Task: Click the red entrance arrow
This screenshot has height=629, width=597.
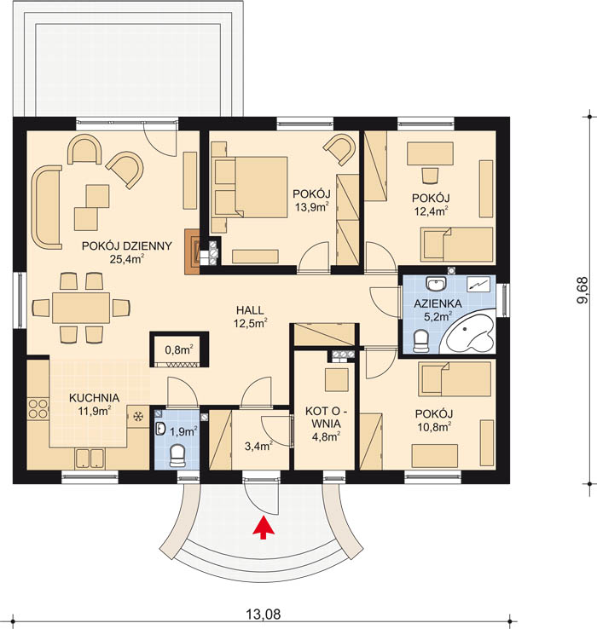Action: [x=264, y=528]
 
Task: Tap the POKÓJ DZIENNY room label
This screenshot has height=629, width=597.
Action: [x=127, y=246]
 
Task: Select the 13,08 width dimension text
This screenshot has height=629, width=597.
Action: [x=264, y=614]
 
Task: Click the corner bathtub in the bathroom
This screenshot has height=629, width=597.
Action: [x=469, y=334]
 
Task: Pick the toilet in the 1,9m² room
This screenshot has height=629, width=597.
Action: [x=177, y=456]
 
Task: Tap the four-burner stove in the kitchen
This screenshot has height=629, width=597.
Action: [x=38, y=408]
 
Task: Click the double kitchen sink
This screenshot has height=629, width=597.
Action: [x=90, y=458]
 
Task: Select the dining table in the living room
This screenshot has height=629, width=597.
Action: [x=81, y=308]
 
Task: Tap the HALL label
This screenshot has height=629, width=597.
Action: [x=250, y=310]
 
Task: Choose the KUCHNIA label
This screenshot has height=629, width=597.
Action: [x=95, y=398]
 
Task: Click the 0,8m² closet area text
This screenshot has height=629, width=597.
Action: [x=179, y=349]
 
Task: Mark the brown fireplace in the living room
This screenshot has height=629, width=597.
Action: [x=192, y=251]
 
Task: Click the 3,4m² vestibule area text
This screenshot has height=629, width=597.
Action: [x=259, y=446]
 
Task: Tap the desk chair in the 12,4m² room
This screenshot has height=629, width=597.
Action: [x=430, y=175]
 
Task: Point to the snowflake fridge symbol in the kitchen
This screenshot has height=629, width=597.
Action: [x=138, y=417]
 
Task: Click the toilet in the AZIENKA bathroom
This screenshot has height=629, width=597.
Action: [x=421, y=341]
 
